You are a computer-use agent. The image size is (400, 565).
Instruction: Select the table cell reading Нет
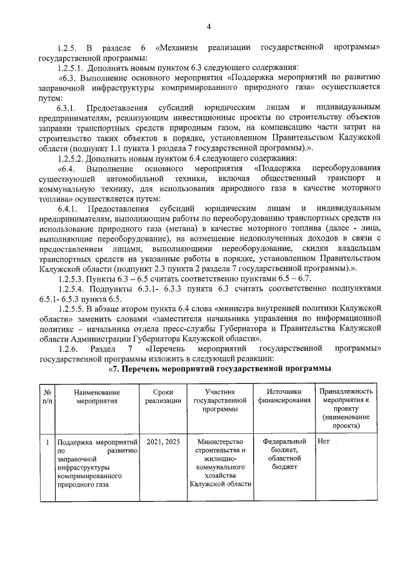click(x=323, y=441)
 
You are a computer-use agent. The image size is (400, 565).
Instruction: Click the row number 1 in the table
click(x=47, y=441)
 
